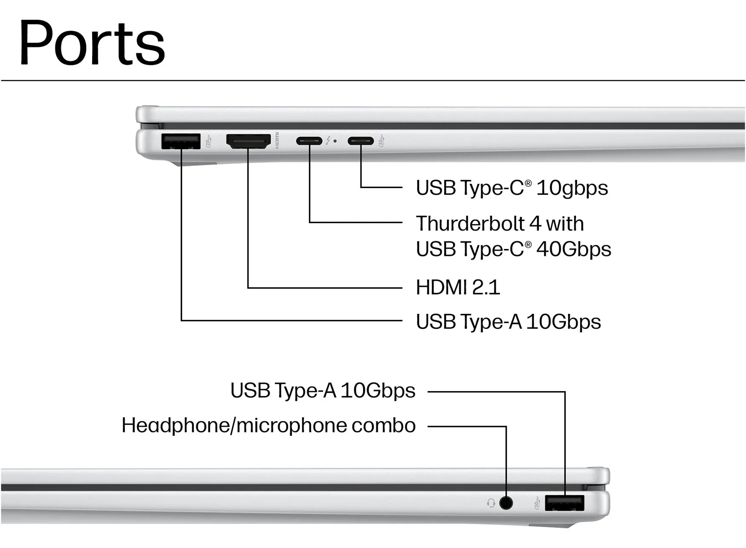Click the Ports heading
pyautogui.click(x=92, y=43)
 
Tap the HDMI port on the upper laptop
pyautogui.click(x=249, y=141)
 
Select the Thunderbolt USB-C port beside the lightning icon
pyautogui.click(x=309, y=141)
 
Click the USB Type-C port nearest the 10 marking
pyautogui.click(x=361, y=141)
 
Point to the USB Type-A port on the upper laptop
pyautogui.click(x=181, y=141)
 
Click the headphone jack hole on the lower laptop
pyautogui.click(x=506, y=503)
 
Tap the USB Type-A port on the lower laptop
pyautogui.click(x=564, y=503)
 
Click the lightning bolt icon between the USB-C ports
pyautogui.click(x=328, y=140)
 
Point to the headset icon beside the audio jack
pyautogui.click(x=491, y=503)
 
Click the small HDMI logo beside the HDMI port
pyautogui.click(x=277, y=140)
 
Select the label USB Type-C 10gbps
pyautogui.click(x=512, y=188)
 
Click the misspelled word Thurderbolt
pyautogui.click(x=470, y=223)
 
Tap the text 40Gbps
pyautogui.click(x=574, y=249)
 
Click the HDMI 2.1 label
pyautogui.click(x=458, y=287)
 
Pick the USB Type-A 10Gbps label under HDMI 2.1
pyautogui.click(x=509, y=322)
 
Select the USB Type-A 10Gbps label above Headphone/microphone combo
pyautogui.click(x=323, y=391)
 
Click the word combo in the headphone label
pyautogui.click(x=384, y=426)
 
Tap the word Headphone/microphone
pyautogui.click(x=234, y=426)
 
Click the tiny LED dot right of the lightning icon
pyautogui.click(x=335, y=141)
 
